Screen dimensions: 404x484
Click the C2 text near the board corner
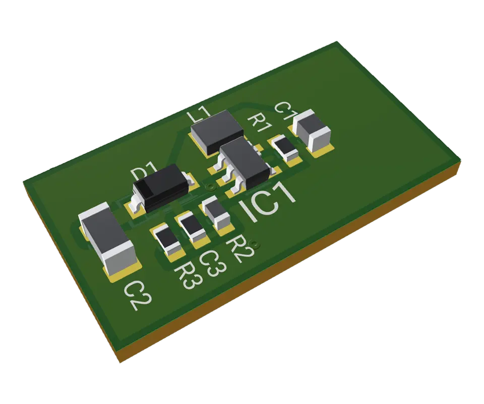[x=137, y=295]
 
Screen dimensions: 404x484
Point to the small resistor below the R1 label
[x=285, y=147]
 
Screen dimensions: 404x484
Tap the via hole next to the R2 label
[x=255, y=244]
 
